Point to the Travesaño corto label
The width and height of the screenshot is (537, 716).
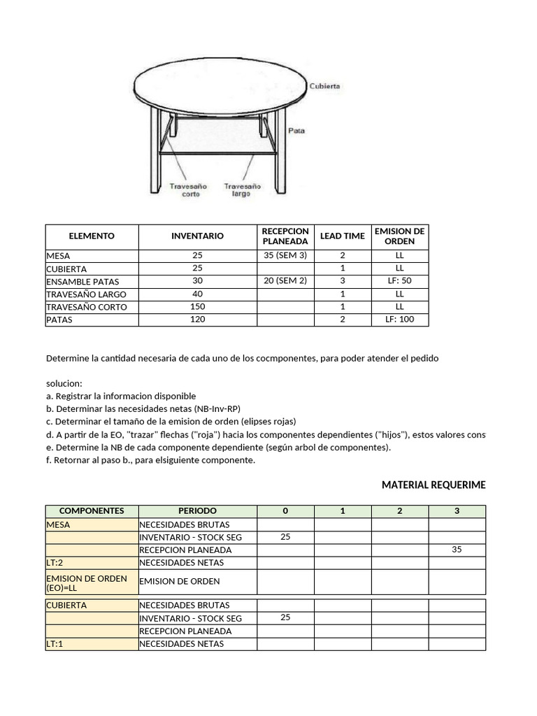click(x=185, y=190)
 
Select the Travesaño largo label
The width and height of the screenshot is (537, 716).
click(x=242, y=190)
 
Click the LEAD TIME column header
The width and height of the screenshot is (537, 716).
click(x=342, y=236)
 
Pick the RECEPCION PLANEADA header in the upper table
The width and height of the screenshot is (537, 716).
click(x=285, y=236)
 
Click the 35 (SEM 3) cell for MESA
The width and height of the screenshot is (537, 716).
click(x=285, y=256)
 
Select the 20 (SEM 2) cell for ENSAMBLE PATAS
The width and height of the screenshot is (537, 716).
click(x=285, y=281)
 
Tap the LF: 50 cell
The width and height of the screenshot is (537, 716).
click(x=399, y=281)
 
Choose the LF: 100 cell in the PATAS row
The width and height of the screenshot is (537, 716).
click(x=399, y=320)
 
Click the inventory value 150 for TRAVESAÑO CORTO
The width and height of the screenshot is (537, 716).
click(x=197, y=307)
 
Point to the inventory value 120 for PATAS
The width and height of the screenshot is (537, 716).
click(x=197, y=320)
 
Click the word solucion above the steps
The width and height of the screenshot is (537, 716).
click(x=64, y=384)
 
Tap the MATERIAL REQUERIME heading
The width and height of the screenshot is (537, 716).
click(x=433, y=485)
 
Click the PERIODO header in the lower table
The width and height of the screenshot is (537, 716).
click(x=197, y=511)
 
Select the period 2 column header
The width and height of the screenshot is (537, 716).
click(x=399, y=511)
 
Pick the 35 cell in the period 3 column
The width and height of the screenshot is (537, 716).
click(x=457, y=550)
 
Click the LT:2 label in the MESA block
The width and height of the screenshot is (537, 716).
click(x=55, y=562)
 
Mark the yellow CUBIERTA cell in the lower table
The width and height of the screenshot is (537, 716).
click(x=92, y=606)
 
